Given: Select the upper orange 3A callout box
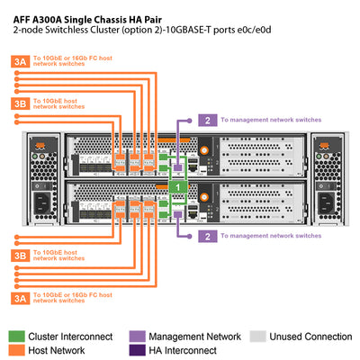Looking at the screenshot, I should pyautogui.click(x=19, y=62).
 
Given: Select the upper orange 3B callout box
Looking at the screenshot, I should pyautogui.click(x=19, y=104).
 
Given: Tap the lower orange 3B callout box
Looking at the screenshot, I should pyautogui.click(x=19, y=256).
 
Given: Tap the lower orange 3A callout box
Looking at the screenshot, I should pyautogui.click(x=19, y=297).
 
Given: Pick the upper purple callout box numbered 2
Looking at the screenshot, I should pyautogui.click(x=208, y=120).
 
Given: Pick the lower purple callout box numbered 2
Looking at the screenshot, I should pyautogui.click(x=208, y=236).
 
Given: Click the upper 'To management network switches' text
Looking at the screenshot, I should pyautogui.click(x=270, y=120).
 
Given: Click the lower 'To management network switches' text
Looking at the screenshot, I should pyautogui.click(x=270, y=236).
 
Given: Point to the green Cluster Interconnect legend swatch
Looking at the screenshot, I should pyautogui.click(x=18, y=337).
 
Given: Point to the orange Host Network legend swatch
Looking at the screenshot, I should pyautogui.click(x=18, y=350).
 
